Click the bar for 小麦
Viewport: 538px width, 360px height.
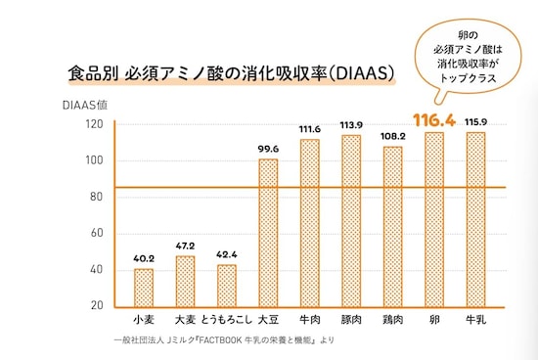pos(144,287)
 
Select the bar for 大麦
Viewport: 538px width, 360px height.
pos(185,281)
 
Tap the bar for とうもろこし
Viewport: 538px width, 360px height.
pos(226,285)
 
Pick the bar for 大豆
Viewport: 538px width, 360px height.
pos(268,232)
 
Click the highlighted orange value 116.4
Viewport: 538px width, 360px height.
pos(434,120)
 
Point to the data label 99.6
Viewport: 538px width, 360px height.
pos(268,149)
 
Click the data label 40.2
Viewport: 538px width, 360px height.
pos(144,259)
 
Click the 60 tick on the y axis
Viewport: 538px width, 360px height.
pos(97,233)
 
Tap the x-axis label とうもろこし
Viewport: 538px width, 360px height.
pos(226,320)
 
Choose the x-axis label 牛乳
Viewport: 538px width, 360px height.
pos(475,320)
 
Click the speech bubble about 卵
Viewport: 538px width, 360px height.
pos(467,55)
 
